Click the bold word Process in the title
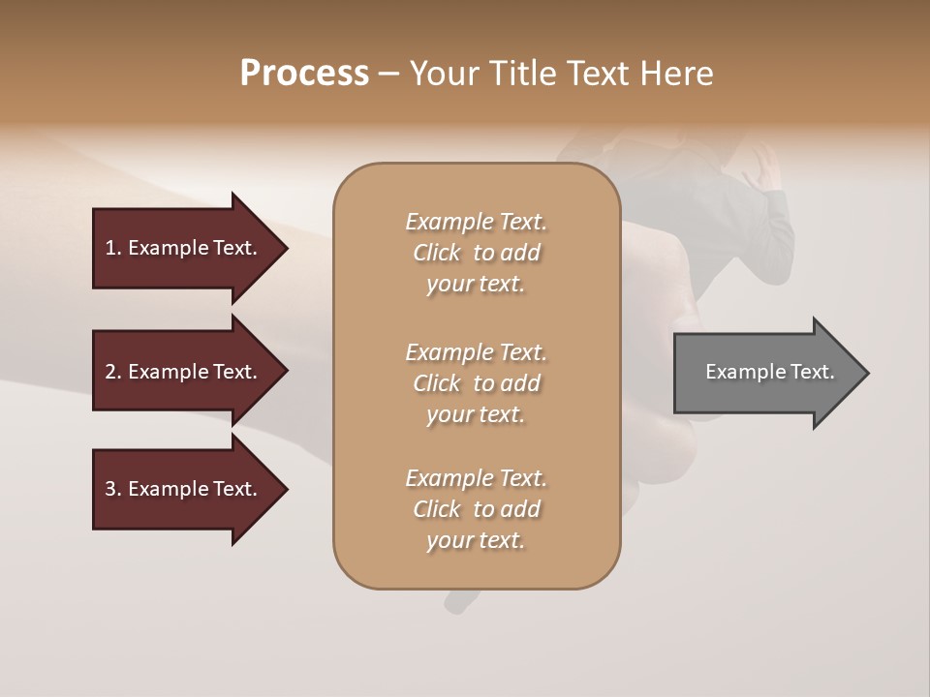click(304, 74)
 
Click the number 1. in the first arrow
click(113, 248)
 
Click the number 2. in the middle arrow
click(113, 372)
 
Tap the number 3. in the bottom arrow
click(113, 489)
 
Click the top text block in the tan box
click(476, 253)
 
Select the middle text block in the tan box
click(476, 383)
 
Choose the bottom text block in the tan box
click(476, 509)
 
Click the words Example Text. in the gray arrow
click(769, 372)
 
